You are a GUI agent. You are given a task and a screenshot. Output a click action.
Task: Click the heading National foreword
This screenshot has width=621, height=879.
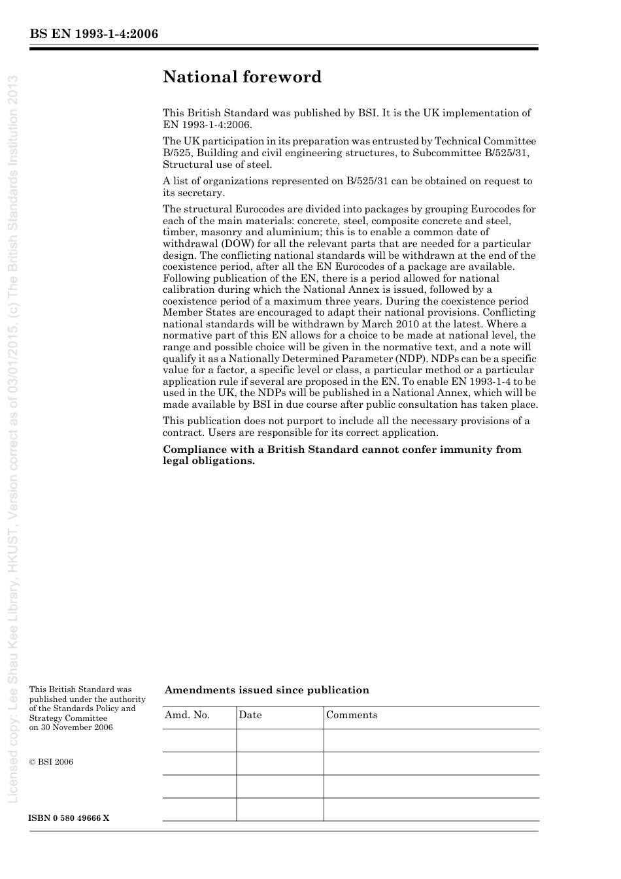click(242, 77)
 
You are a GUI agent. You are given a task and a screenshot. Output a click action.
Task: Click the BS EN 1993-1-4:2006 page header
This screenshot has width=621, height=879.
click(93, 34)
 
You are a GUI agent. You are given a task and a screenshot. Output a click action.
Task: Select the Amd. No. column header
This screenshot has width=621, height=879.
click(187, 715)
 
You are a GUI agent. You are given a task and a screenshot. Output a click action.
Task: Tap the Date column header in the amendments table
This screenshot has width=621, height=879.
click(250, 715)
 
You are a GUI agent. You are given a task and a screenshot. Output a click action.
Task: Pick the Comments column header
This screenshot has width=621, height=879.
click(352, 715)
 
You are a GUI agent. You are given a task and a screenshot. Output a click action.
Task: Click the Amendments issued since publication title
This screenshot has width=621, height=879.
click(267, 690)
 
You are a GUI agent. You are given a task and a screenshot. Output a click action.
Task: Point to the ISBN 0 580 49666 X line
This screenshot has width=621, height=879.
click(69, 818)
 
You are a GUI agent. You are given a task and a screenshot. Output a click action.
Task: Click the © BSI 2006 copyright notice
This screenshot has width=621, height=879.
click(51, 762)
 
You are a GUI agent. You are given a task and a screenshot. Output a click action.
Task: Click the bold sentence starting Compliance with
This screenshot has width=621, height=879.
click(342, 455)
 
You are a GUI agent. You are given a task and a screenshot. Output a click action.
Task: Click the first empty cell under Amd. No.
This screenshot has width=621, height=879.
click(199, 740)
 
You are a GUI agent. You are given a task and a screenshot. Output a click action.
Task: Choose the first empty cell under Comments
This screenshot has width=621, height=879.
click(431, 740)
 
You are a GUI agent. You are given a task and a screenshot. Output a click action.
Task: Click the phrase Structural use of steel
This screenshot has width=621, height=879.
click(217, 165)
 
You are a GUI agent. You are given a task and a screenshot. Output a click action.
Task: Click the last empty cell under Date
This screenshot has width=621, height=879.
click(280, 809)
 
